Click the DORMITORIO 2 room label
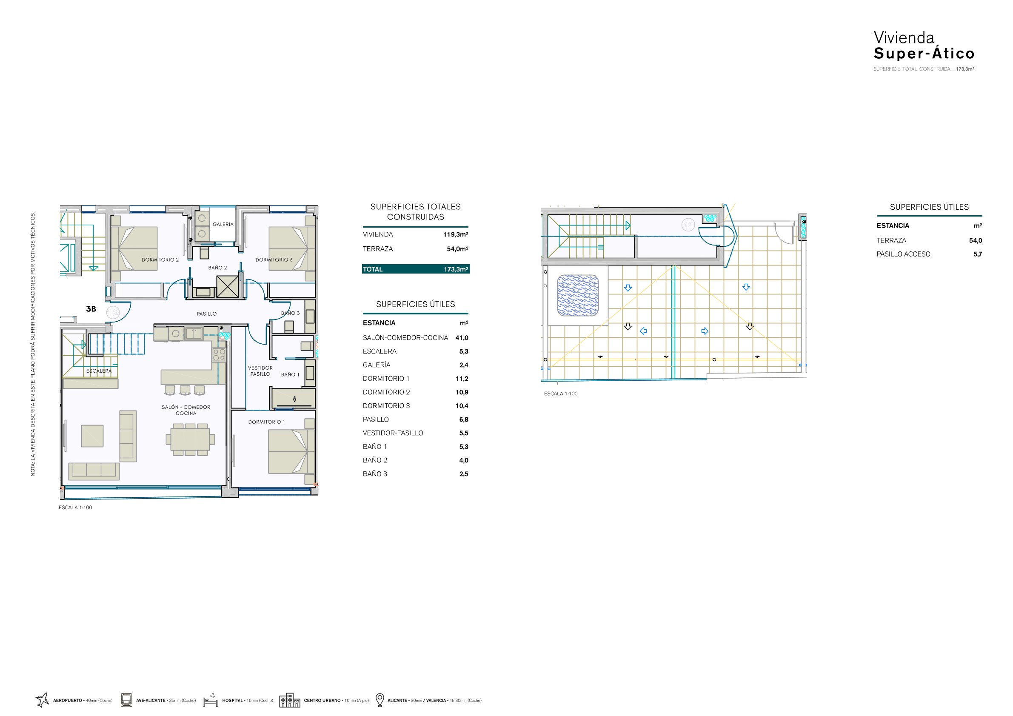(x=160, y=260)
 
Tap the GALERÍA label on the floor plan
(x=223, y=224)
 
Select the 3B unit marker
(x=91, y=309)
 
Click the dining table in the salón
(x=190, y=439)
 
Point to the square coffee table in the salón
(x=92, y=436)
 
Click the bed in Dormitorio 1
(x=291, y=451)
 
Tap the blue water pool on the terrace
(x=578, y=296)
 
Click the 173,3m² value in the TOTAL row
(x=456, y=269)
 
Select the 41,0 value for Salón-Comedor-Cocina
(x=462, y=338)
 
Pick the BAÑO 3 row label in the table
(x=375, y=474)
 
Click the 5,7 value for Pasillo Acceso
(x=978, y=254)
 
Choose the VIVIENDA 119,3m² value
(x=456, y=234)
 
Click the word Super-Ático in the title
(x=924, y=53)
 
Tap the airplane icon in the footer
(x=42, y=700)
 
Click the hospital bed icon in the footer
(x=211, y=700)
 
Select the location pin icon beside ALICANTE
(x=380, y=700)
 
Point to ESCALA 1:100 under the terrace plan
(x=560, y=394)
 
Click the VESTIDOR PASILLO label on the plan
(x=260, y=371)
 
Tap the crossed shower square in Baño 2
(x=228, y=287)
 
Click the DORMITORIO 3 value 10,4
(x=462, y=406)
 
